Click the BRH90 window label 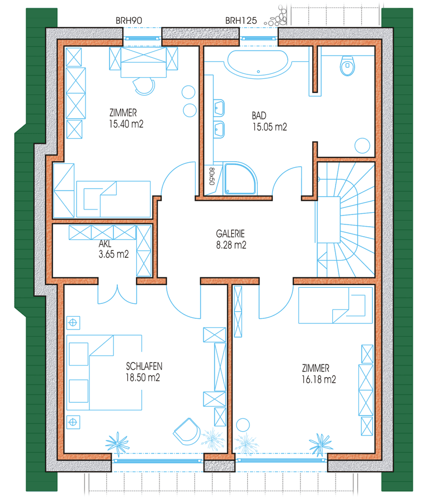[128, 21]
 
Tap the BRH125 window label [241, 21]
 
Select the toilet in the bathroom [347, 66]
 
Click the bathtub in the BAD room [258, 64]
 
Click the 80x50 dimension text [211, 176]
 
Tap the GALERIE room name [230, 234]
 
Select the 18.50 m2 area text [143, 378]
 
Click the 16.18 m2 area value [318, 379]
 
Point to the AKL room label [105, 244]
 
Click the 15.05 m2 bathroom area [270, 127]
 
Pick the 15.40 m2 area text [126, 124]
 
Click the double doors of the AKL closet [117, 293]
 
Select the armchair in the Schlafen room [187, 431]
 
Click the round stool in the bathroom [362, 146]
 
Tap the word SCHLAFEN [144, 366]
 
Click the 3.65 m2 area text [114, 254]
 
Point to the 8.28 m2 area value [231, 245]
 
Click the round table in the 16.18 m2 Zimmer [243, 425]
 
